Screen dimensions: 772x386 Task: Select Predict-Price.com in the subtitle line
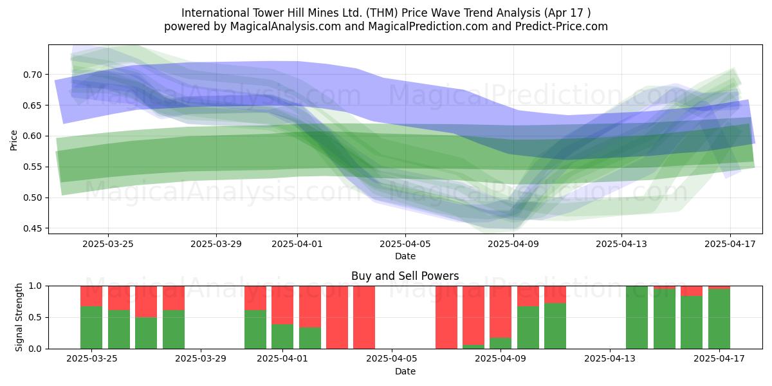pyautogui.click(x=562, y=26)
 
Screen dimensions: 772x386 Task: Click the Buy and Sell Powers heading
pyautogui.click(x=405, y=276)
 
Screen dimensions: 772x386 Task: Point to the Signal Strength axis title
pyautogui.click(x=19, y=317)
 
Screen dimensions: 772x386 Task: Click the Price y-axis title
pyautogui.click(x=14, y=140)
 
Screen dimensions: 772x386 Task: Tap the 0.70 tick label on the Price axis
pyautogui.click(x=32, y=75)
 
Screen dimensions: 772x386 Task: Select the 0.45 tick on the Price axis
pyautogui.click(x=32, y=228)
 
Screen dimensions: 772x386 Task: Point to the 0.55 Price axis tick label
pyautogui.click(x=32, y=167)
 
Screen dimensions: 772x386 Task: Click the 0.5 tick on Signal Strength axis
pyautogui.click(x=35, y=317)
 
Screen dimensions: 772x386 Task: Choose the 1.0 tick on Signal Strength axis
pyautogui.click(x=35, y=286)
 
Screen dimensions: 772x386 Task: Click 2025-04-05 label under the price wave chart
pyautogui.click(x=405, y=244)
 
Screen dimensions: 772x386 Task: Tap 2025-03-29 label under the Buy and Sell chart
pyautogui.click(x=201, y=358)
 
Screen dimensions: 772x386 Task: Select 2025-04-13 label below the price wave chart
pyautogui.click(x=621, y=244)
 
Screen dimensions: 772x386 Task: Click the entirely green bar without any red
pyautogui.click(x=637, y=317)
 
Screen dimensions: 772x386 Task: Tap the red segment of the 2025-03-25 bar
pyautogui.click(x=91, y=296)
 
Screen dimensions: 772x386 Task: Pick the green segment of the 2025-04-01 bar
pyautogui.click(x=282, y=336)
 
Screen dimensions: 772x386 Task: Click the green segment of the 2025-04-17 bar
pyautogui.click(x=719, y=319)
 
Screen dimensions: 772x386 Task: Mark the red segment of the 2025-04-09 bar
pyautogui.click(x=501, y=312)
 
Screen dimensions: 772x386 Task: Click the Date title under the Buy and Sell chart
pyautogui.click(x=405, y=371)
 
